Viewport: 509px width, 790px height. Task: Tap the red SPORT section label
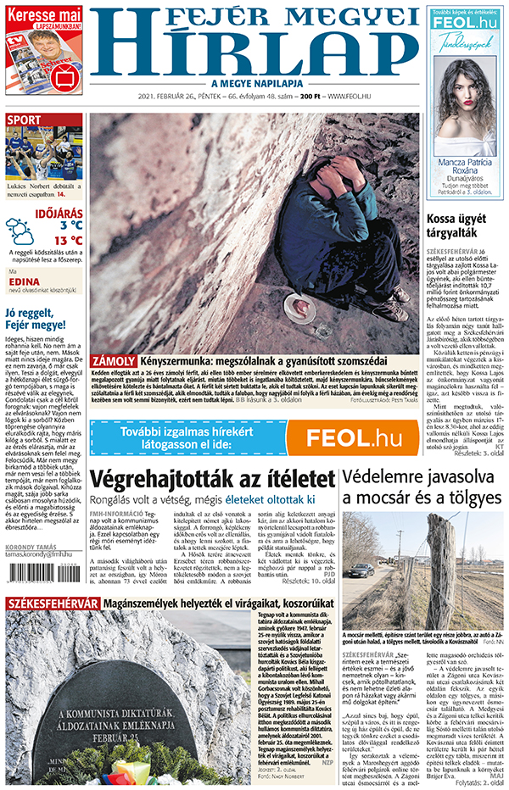25,120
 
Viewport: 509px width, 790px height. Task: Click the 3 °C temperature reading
70,225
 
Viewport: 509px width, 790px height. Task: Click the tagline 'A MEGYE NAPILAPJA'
255,83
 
